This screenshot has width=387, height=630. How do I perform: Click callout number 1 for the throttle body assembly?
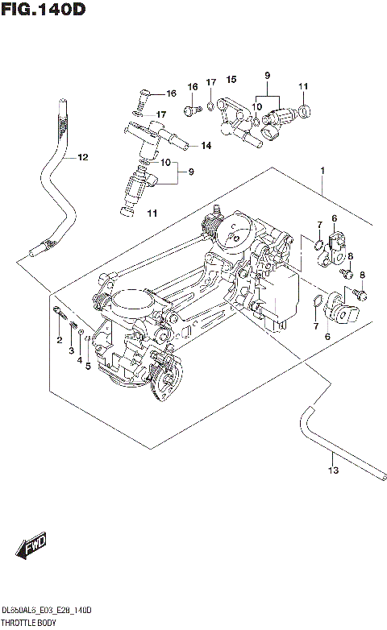322,171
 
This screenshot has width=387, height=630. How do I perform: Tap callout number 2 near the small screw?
59,341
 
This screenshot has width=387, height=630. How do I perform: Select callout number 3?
70,350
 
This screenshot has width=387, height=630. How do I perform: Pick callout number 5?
87,367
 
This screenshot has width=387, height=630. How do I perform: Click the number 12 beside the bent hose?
82,157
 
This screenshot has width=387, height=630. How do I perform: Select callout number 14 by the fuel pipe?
206,146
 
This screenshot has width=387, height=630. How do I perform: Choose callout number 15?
231,79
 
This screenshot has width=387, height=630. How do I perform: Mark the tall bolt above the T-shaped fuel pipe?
139,103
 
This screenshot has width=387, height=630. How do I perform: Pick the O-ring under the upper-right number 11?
303,110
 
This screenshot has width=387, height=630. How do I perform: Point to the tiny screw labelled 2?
59,312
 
